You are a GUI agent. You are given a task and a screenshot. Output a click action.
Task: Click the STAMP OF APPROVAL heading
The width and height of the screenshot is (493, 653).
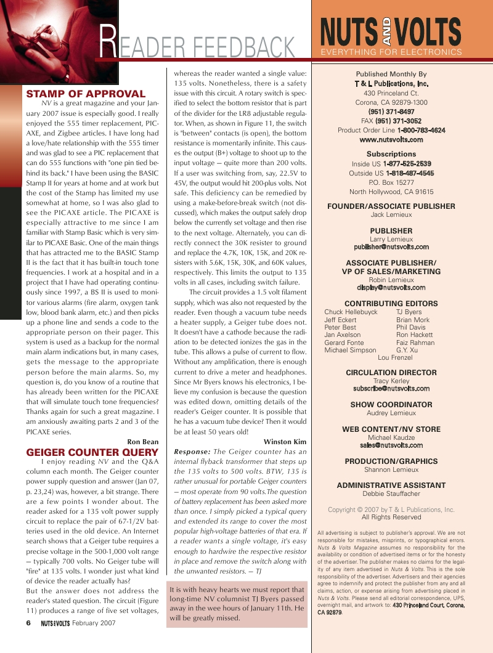click(86, 94)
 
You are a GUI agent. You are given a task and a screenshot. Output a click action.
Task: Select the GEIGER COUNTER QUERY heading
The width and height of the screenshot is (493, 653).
click(92, 452)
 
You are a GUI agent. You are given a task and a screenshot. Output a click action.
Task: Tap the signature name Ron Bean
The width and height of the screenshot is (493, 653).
click(143, 442)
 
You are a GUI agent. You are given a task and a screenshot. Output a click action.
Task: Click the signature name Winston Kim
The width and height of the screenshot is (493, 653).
click(285, 442)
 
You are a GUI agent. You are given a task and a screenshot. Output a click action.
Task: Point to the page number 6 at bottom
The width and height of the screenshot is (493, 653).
click(28, 622)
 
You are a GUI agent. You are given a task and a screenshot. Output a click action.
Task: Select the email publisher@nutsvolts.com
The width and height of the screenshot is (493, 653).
click(391, 246)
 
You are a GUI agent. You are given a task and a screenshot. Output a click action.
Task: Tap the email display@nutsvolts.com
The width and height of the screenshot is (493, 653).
click(391, 287)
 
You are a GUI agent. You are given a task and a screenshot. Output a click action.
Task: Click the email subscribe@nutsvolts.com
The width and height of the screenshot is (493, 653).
click(391, 389)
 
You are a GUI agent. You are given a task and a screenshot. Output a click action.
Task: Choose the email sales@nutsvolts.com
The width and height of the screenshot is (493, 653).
click(391, 445)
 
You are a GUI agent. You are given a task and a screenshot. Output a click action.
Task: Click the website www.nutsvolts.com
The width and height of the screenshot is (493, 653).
click(391, 139)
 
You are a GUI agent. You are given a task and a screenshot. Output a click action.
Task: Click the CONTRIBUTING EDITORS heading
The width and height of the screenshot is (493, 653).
click(391, 304)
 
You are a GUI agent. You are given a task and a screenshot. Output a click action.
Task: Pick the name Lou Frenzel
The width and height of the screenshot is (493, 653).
click(395, 357)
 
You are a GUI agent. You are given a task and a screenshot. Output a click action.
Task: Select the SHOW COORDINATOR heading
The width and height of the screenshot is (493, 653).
click(391, 405)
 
